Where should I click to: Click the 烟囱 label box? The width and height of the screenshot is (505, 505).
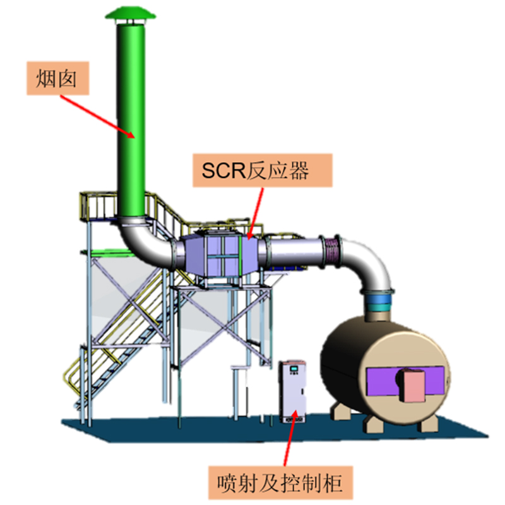click(57, 78)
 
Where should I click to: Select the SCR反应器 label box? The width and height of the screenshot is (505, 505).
click(263, 170)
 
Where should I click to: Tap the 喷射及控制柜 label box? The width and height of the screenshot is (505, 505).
click(280, 482)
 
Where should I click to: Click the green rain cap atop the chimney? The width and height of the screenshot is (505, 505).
click(131, 14)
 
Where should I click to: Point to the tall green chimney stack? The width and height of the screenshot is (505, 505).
click(131, 119)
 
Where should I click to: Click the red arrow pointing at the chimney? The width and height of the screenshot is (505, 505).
click(98, 117)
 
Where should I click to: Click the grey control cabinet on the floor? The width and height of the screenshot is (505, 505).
click(292, 391)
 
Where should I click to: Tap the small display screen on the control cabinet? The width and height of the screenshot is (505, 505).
click(294, 368)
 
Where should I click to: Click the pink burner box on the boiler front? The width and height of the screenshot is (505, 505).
click(412, 386)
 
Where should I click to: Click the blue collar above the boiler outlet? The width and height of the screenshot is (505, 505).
click(379, 300)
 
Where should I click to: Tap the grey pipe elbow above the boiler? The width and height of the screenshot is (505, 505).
click(367, 264)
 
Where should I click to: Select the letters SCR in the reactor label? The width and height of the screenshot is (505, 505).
click(223, 170)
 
